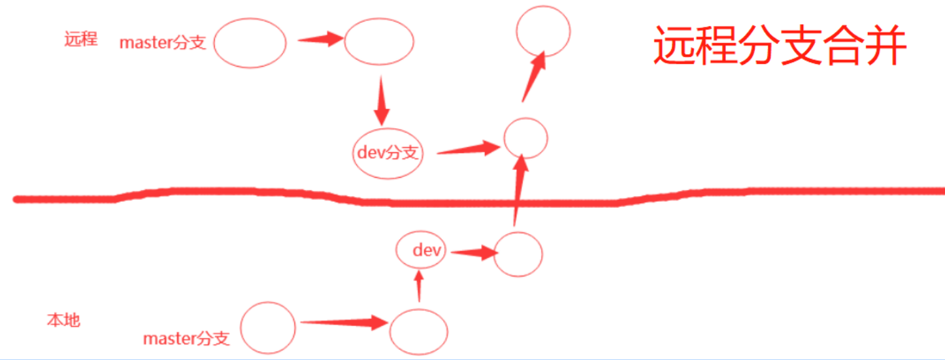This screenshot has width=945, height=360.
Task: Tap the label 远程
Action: [x=81, y=39]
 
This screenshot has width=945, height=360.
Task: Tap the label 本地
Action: [x=63, y=320]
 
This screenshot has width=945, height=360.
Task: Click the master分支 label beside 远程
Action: [x=163, y=43]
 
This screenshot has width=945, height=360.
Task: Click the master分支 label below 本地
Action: [x=186, y=338]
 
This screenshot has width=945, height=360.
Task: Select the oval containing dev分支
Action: [x=387, y=154]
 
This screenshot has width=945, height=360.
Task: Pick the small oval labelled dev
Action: [x=422, y=250]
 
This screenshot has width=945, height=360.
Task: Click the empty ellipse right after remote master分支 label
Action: [x=250, y=43]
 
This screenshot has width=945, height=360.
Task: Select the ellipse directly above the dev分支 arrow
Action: [x=378, y=42]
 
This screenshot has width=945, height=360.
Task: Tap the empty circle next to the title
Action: [x=543, y=30]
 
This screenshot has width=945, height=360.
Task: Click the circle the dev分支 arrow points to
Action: [x=525, y=138]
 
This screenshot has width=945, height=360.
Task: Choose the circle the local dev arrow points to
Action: [x=518, y=254]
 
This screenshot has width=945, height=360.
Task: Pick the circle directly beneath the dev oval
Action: [x=419, y=331]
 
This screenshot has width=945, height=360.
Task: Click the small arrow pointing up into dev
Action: [x=419, y=286]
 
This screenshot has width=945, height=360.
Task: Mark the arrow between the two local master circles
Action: [x=344, y=321]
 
